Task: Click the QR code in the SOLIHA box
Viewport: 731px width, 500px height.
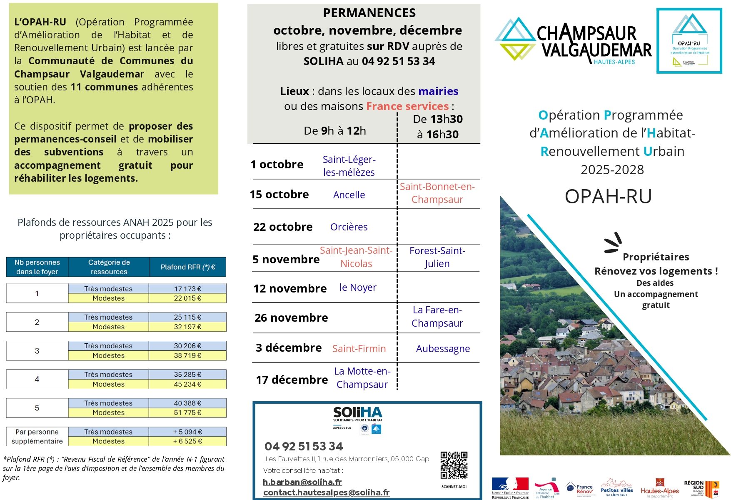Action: click(454, 465)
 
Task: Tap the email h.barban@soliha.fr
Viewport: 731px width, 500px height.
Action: click(302, 482)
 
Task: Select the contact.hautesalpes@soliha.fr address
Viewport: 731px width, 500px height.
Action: click(326, 492)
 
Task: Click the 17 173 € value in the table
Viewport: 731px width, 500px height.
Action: click(187, 289)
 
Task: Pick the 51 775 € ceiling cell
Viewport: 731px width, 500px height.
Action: click(187, 412)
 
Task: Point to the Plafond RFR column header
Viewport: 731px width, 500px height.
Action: click(188, 267)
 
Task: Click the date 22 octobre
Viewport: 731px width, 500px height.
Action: click(283, 227)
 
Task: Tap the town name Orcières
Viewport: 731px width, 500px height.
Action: click(349, 227)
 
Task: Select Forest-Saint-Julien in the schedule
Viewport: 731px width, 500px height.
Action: click(437, 257)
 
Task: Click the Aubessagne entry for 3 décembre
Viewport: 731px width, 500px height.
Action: click(443, 348)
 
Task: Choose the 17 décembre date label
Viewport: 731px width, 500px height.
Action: click(292, 380)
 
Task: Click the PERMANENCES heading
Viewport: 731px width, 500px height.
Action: click(369, 13)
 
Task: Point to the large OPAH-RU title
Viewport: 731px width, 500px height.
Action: click(608, 197)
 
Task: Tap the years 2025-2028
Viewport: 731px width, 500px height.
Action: click(612, 170)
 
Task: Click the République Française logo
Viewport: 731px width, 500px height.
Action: click(510, 487)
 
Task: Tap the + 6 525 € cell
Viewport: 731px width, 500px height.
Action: click(187, 441)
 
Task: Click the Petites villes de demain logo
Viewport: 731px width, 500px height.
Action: click(616, 488)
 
